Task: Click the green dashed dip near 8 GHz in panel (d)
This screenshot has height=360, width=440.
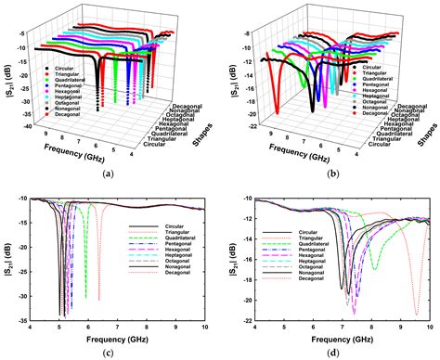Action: click(x=373, y=268)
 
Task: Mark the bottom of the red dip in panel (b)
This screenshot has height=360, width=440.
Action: click(x=276, y=112)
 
